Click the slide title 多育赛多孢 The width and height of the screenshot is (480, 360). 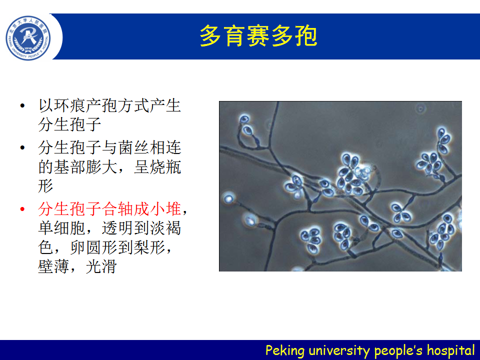click(x=258, y=36)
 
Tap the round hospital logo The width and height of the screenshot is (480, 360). click(x=28, y=38)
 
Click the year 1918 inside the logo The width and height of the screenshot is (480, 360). click(x=28, y=48)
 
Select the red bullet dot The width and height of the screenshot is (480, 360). click(x=22, y=209)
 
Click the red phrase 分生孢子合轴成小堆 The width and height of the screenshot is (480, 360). click(x=109, y=209)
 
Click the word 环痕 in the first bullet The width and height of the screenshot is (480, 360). click(x=70, y=105)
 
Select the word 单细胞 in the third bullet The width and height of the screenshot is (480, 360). click(x=62, y=228)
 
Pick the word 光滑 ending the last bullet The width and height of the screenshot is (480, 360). click(x=101, y=266)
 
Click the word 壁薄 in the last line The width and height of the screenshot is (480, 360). click(x=54, y=266)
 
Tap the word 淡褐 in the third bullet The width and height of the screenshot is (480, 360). click(x=165, y=228)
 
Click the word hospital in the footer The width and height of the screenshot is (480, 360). click(x=450, y=350)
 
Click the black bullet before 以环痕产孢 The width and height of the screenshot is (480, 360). click(x=22, y=106)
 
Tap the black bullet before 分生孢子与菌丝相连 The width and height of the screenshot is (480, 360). click(x=22, y=148)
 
